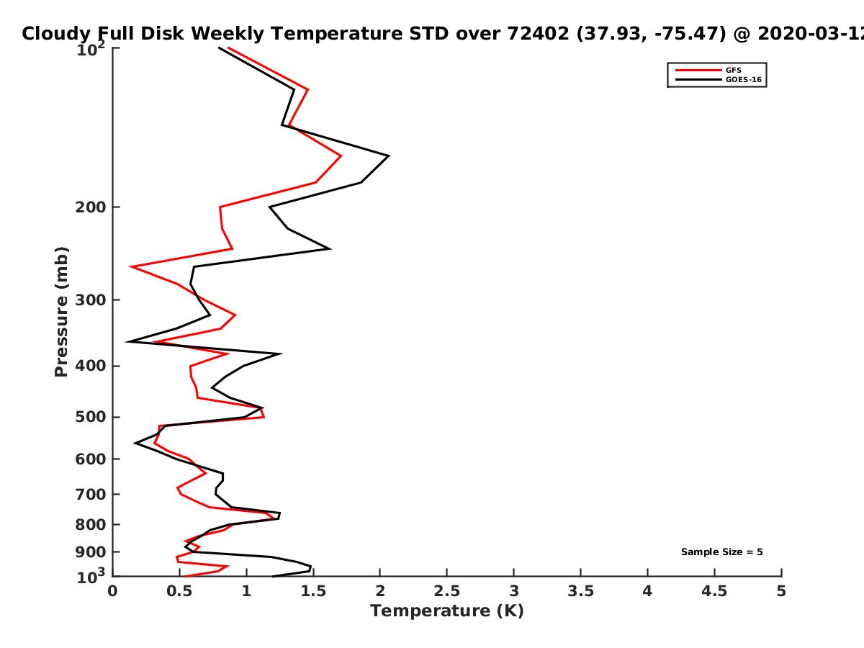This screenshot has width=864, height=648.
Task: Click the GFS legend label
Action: [733, 70]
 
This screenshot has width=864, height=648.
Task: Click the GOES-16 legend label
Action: [744, 79]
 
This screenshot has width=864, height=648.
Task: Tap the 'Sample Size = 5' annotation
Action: [722, 552]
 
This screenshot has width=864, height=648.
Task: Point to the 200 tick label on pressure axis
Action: [91, 207]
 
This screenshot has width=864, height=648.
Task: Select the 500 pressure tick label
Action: [91, 417]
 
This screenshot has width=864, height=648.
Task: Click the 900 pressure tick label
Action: [91, 552]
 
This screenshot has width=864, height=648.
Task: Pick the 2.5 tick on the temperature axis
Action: [447, 591]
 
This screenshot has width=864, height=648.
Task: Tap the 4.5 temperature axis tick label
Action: [714, 591]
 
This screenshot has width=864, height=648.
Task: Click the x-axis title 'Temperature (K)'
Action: [447, 611]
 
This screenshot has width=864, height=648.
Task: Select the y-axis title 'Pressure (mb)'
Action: [61, 312]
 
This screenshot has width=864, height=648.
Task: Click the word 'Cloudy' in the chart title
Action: [56, 35]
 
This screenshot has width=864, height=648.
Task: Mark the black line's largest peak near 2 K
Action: [389, 156]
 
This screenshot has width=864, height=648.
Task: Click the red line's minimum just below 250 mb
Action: [131, 266]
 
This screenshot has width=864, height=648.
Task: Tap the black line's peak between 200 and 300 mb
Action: [330, 248]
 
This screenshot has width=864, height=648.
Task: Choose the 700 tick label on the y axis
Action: [91, 495]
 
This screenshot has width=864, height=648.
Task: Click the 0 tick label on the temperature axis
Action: [112, 591]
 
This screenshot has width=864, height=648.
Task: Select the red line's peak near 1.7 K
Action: [341, 156]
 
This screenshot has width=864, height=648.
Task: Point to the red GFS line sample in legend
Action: [698, 70]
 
